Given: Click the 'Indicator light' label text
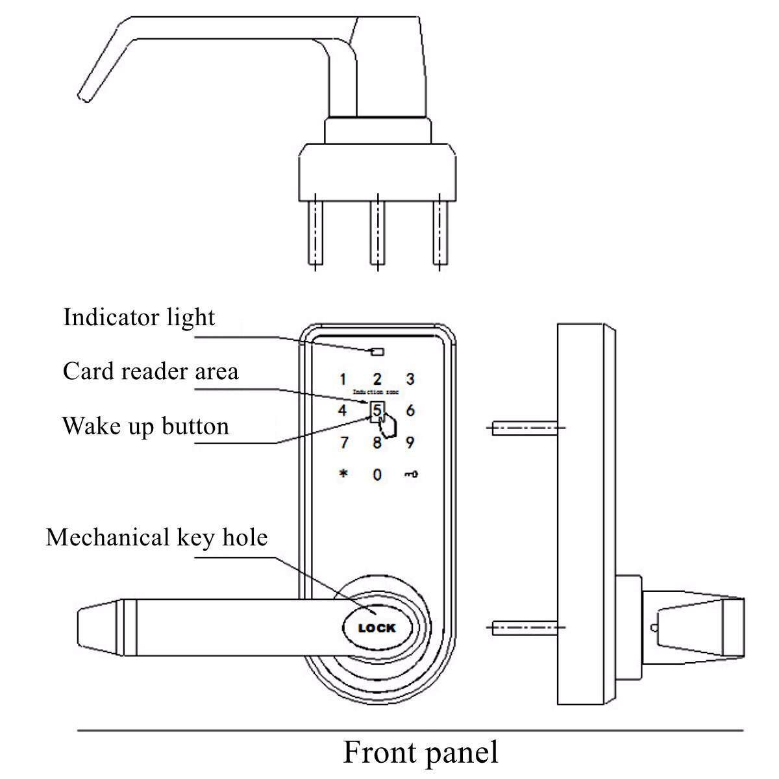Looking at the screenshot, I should click(139, 317).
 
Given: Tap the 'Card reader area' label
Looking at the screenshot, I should click(151, 371).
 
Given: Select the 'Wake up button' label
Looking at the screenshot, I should click(145, 427).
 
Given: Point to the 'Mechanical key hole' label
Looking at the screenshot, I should click(156, 538).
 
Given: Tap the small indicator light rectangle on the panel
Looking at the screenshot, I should click(377, 352).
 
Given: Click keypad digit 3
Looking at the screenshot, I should click(410, 379).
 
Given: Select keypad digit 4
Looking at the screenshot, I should click(343, 410).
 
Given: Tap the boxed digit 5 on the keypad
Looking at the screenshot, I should click(377, 410).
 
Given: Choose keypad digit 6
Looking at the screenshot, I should click(410, 410).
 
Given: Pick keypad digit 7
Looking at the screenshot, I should click(343, 443).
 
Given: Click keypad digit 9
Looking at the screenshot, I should click(410, 443).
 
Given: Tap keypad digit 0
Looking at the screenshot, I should click(377, 475).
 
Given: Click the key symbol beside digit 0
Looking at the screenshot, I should click(410, 475).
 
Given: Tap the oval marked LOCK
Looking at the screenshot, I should click(377, 628).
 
